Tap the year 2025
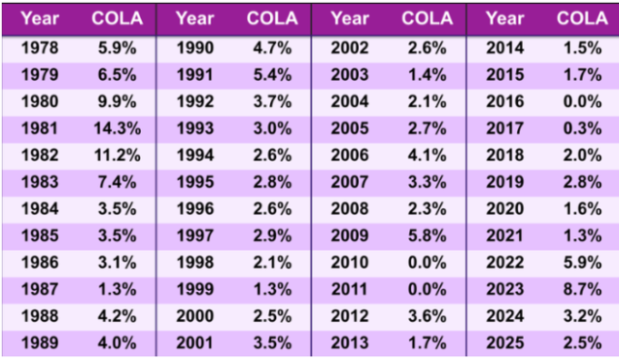pos(504,345)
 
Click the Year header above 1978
pos(39,18)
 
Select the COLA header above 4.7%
pos(271,18)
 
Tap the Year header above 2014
pos(505,18)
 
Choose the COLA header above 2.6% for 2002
pos(426,18)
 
